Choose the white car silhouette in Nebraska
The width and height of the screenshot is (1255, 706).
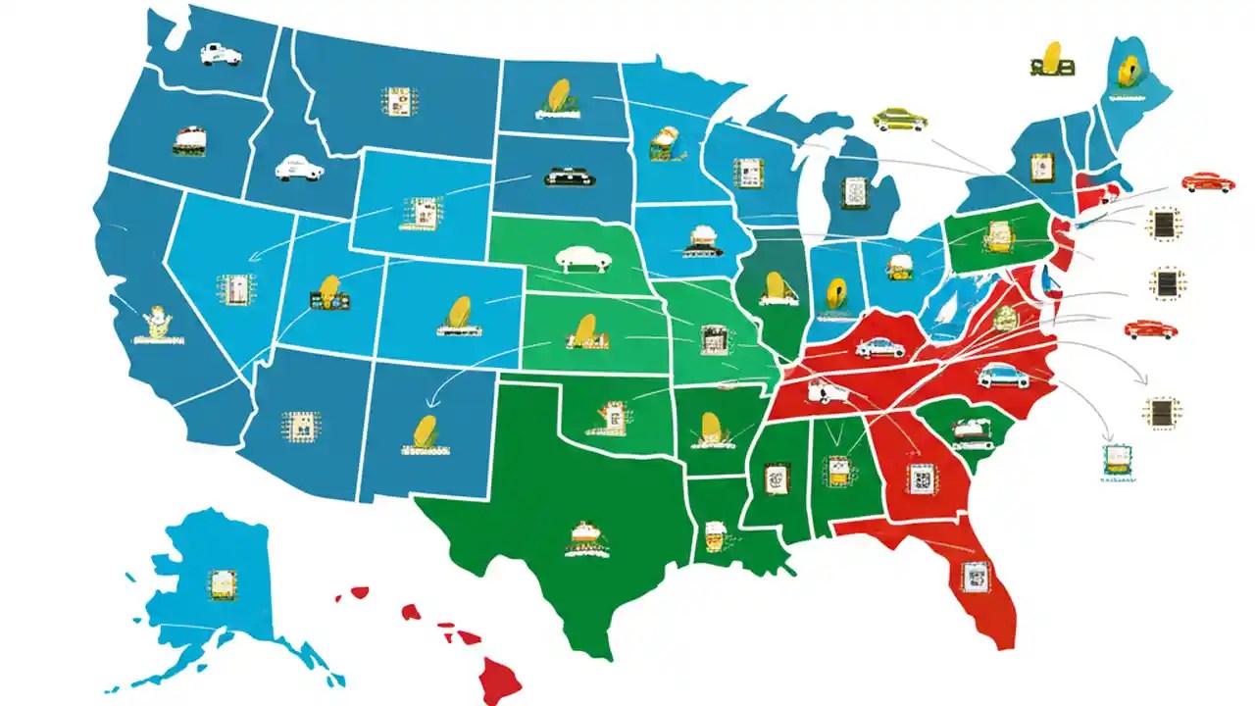(x=583, y=258)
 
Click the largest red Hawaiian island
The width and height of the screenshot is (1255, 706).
(x=498, y=676)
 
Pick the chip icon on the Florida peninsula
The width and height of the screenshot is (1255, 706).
(x=975, y=577)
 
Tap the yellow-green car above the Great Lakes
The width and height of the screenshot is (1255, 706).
(x=900, y=120)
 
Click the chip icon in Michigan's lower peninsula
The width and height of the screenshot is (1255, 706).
(x=856, y=192)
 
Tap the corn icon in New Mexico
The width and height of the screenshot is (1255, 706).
(x=424, y=433)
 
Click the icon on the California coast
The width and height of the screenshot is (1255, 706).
(x=157, y=323)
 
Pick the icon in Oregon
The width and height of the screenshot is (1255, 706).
(x=188, y=140)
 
